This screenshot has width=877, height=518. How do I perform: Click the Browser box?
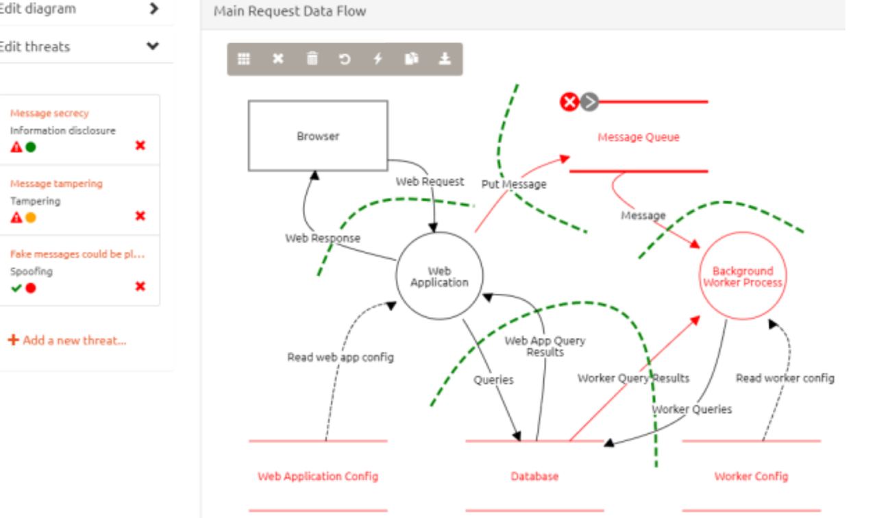[317, 136]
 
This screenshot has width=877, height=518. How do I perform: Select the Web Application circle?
[439, 276]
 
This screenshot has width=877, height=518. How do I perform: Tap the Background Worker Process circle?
[742, 277]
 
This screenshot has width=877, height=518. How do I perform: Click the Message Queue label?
[639, 137]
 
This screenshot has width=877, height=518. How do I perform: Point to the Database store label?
[534, 476]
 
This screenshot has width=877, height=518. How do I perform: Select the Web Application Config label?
[318, 476]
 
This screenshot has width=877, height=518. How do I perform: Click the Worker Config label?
[751, 476]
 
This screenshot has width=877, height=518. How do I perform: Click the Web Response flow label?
[323, 238]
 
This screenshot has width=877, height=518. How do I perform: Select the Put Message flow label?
[514, 184]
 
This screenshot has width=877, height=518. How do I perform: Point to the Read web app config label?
[340, 357]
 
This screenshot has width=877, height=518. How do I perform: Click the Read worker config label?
[785, 378]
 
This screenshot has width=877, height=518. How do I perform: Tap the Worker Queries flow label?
[691, 409]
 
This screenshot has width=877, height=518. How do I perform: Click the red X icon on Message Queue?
[569, 102]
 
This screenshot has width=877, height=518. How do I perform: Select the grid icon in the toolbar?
[243, 59]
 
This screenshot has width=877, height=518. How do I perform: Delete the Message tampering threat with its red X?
[140, 216]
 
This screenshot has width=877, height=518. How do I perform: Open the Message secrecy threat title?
[49, 113]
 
